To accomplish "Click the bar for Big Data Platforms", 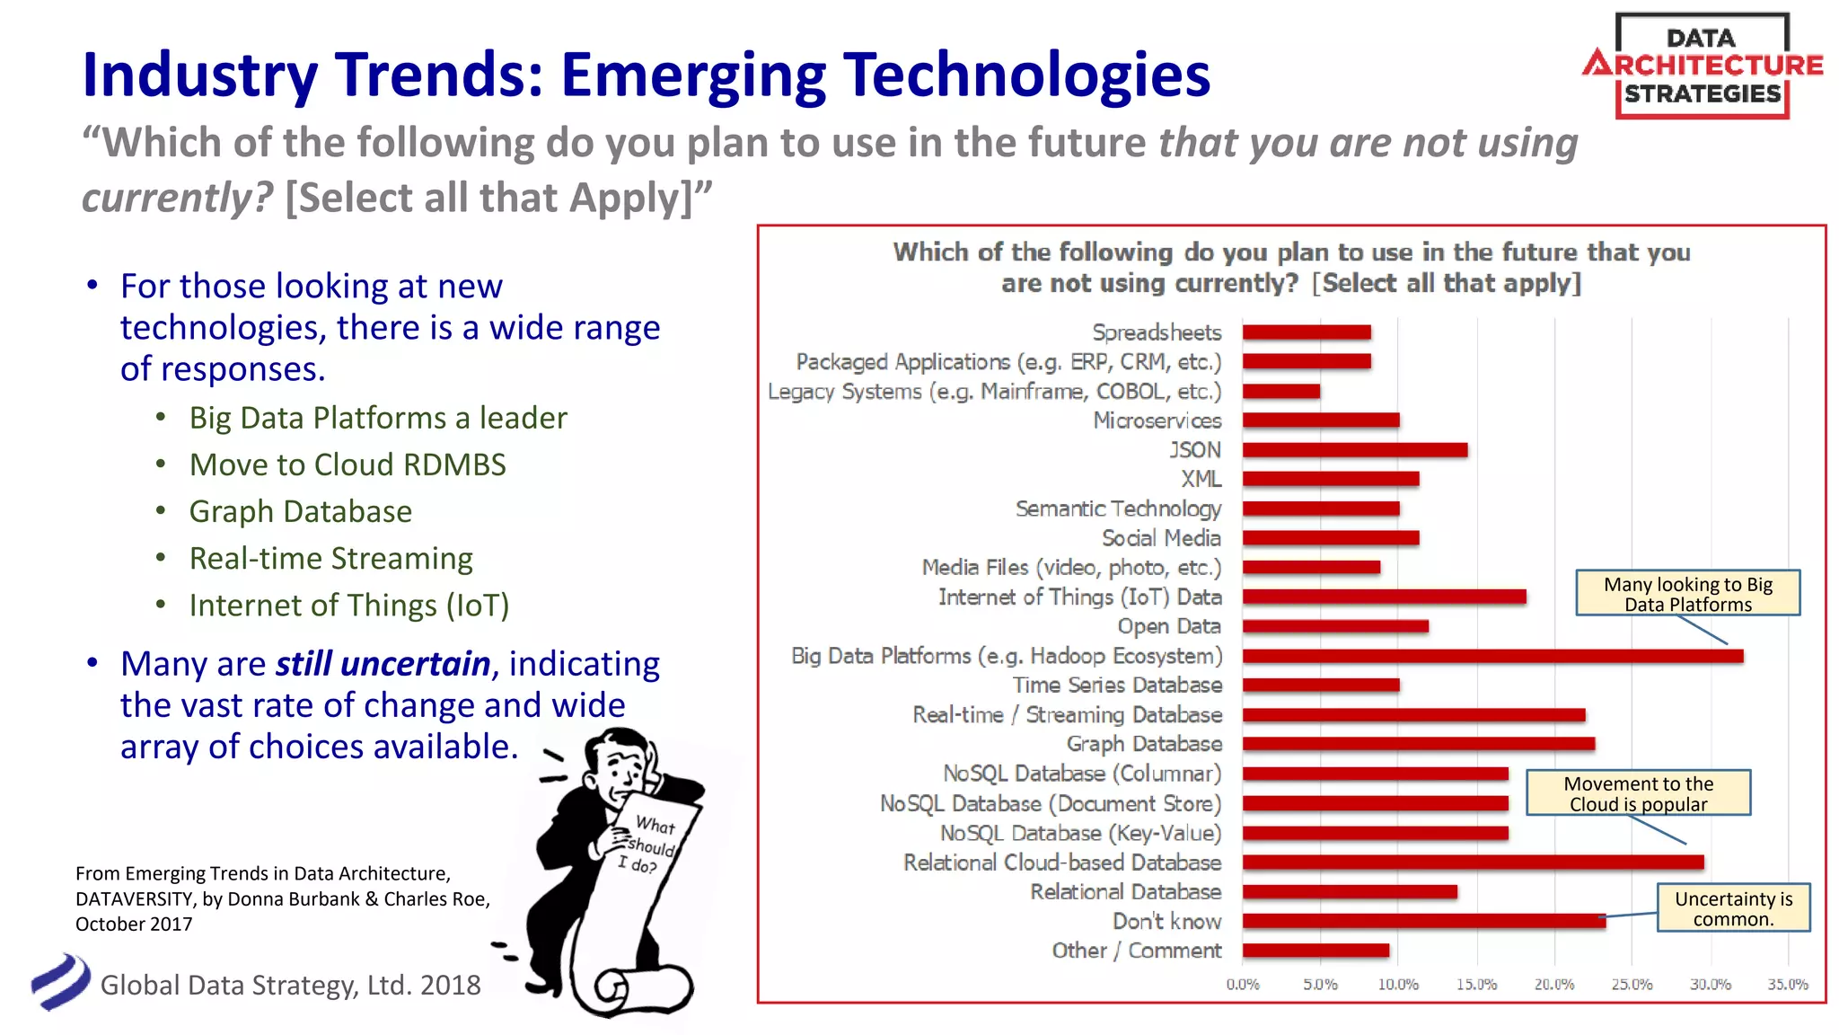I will point(1492,656).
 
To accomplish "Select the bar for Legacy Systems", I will point(1281,391).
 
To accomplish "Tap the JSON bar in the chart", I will point(1355,450).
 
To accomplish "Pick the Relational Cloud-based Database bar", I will point(1473,862).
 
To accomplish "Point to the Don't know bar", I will point(1424,921).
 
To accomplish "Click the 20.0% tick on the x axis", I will point(1553,985).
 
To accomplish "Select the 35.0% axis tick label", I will point(1787,985).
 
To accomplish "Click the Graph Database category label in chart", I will point(1144,744).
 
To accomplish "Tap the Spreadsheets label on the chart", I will point(1157,332).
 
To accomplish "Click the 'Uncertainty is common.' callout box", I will point(1733,908).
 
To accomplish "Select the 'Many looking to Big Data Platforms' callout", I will point(1687,594).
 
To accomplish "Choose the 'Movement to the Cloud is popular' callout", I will point(1638,793).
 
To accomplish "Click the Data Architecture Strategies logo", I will point(1702,66).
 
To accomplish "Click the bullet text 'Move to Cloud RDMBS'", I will point(348,464).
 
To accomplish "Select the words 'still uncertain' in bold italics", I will point(383,664).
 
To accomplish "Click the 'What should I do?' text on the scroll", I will point(649,845).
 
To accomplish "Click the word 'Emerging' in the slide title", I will point(692,75).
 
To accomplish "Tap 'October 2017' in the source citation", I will point(134,924).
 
